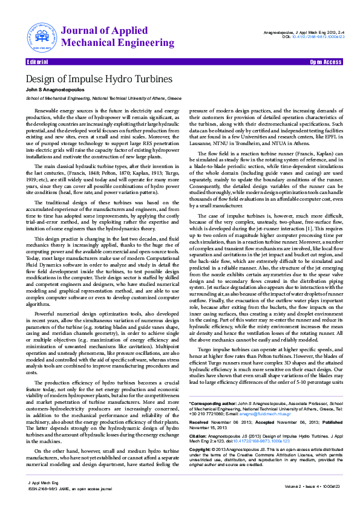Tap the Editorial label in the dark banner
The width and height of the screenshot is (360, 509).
point(38,62)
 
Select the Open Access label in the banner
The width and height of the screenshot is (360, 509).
point(326,62)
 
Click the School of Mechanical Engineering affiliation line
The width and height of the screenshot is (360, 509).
point(103,97)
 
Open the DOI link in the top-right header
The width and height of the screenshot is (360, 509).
point(319,36)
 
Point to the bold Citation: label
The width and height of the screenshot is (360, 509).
point(198,418)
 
